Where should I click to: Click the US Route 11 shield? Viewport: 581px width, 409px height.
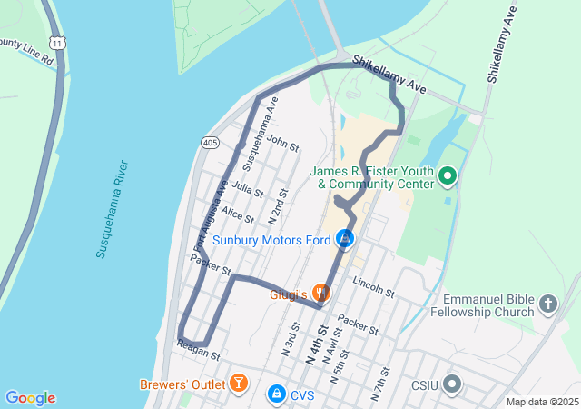coord(57,68)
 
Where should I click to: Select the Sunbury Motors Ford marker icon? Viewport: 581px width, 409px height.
coord(345,239)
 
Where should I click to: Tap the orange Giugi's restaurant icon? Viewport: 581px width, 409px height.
coord(320,293)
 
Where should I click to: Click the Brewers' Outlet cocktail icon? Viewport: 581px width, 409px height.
coord(239,383)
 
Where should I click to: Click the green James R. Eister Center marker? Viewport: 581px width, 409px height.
coord(447,175)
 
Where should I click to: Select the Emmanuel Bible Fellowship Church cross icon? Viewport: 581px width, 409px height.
coord(547,303)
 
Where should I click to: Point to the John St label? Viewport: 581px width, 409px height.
coord(283,143)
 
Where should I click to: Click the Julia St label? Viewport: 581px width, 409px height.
coord(247,189)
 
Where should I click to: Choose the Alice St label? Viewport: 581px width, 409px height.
coord(237,214)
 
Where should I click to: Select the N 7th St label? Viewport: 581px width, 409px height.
coord(380,384)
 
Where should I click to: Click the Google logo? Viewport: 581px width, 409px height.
coord(30,398)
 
